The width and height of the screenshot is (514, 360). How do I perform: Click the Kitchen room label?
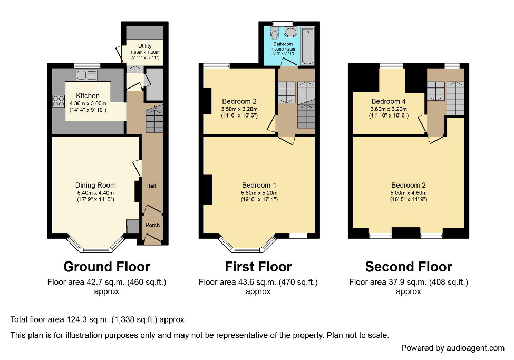tap(88, 96)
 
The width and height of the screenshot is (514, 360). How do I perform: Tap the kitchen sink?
tap(83, 75)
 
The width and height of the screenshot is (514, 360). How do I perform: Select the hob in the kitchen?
tap(58, 100)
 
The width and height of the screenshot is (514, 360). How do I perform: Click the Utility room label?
tap(144, 46)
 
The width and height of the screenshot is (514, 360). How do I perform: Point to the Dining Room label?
tap(95, 185)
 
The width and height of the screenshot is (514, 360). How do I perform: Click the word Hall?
tap(151, 186)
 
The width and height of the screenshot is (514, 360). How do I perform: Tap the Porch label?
tap(152, 225)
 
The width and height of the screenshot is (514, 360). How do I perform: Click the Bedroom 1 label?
tap(259, 185)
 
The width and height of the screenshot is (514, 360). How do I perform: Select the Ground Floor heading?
tap(106, 267)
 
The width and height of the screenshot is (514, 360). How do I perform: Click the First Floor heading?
tap(258, 267)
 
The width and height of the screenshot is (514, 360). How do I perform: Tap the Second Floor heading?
tap(408, 267)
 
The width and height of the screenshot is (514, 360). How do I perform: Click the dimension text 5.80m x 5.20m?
tap(259, 193)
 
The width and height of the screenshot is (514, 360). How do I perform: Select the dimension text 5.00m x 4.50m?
tap(408, 193)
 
